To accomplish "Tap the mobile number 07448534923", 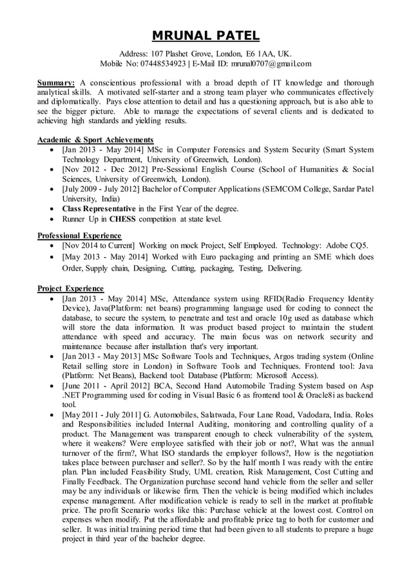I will pyautogui.click(x=164, y=64).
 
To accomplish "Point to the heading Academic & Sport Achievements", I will pyautogui.click(x=95, y=140).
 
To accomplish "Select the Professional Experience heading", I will pyautogui.click(x=79, y=235).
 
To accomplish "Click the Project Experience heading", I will pyautogui.click(x=70, y=288).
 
